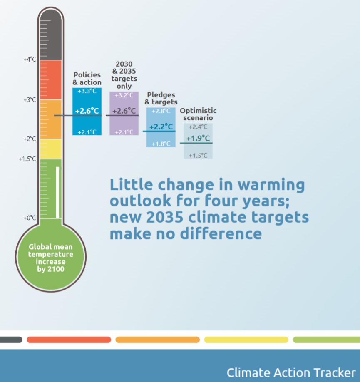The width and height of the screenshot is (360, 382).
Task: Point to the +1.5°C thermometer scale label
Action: [27, 159]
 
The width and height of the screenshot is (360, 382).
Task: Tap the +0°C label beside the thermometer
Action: [30, 218]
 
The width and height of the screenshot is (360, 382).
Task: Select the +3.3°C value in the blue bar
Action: [87, 91]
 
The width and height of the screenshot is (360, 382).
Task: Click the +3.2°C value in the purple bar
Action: [124, 95]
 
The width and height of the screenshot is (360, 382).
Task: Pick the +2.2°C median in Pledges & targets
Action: [161, 126]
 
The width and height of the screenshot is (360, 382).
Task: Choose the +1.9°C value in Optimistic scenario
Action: [198, 138]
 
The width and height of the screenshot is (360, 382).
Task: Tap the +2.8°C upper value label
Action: [161, 111]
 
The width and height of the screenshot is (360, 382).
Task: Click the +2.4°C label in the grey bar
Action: [198, 127]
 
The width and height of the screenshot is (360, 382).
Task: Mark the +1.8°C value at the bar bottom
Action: [161, 144]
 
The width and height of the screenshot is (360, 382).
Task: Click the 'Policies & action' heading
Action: [87, 78]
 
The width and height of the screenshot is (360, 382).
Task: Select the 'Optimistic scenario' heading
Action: [198, 114]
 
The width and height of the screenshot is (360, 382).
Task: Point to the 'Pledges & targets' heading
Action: [161, 98]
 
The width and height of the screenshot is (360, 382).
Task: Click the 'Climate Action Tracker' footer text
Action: [291, 372]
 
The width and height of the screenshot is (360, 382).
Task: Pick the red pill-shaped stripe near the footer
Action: [69, 340]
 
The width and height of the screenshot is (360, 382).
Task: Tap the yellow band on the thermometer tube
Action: [50, 149]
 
